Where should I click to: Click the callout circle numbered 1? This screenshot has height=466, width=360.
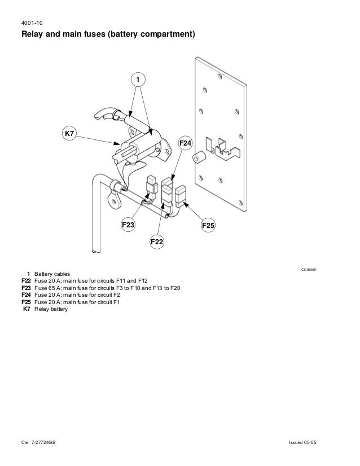pyautogui.click(x=135, y=80)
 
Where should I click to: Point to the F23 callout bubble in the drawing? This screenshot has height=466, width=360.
pyautogui.click(x=128, y=225)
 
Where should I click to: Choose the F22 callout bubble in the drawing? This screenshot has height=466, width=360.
pyautogui.click(x=156, y=242)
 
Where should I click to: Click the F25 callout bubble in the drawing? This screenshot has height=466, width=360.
pyautogui.click(x=208, y=226)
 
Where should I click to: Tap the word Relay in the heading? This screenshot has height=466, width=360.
pyautogui.click(x=33, y=36)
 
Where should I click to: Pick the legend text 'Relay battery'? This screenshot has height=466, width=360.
pyautogui.click(x=51, y=309)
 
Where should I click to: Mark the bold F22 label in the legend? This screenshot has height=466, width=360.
pyautogui.click(x=25, y=280)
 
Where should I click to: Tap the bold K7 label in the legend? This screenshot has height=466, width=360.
pyautogui.click(x=26, y=309)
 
